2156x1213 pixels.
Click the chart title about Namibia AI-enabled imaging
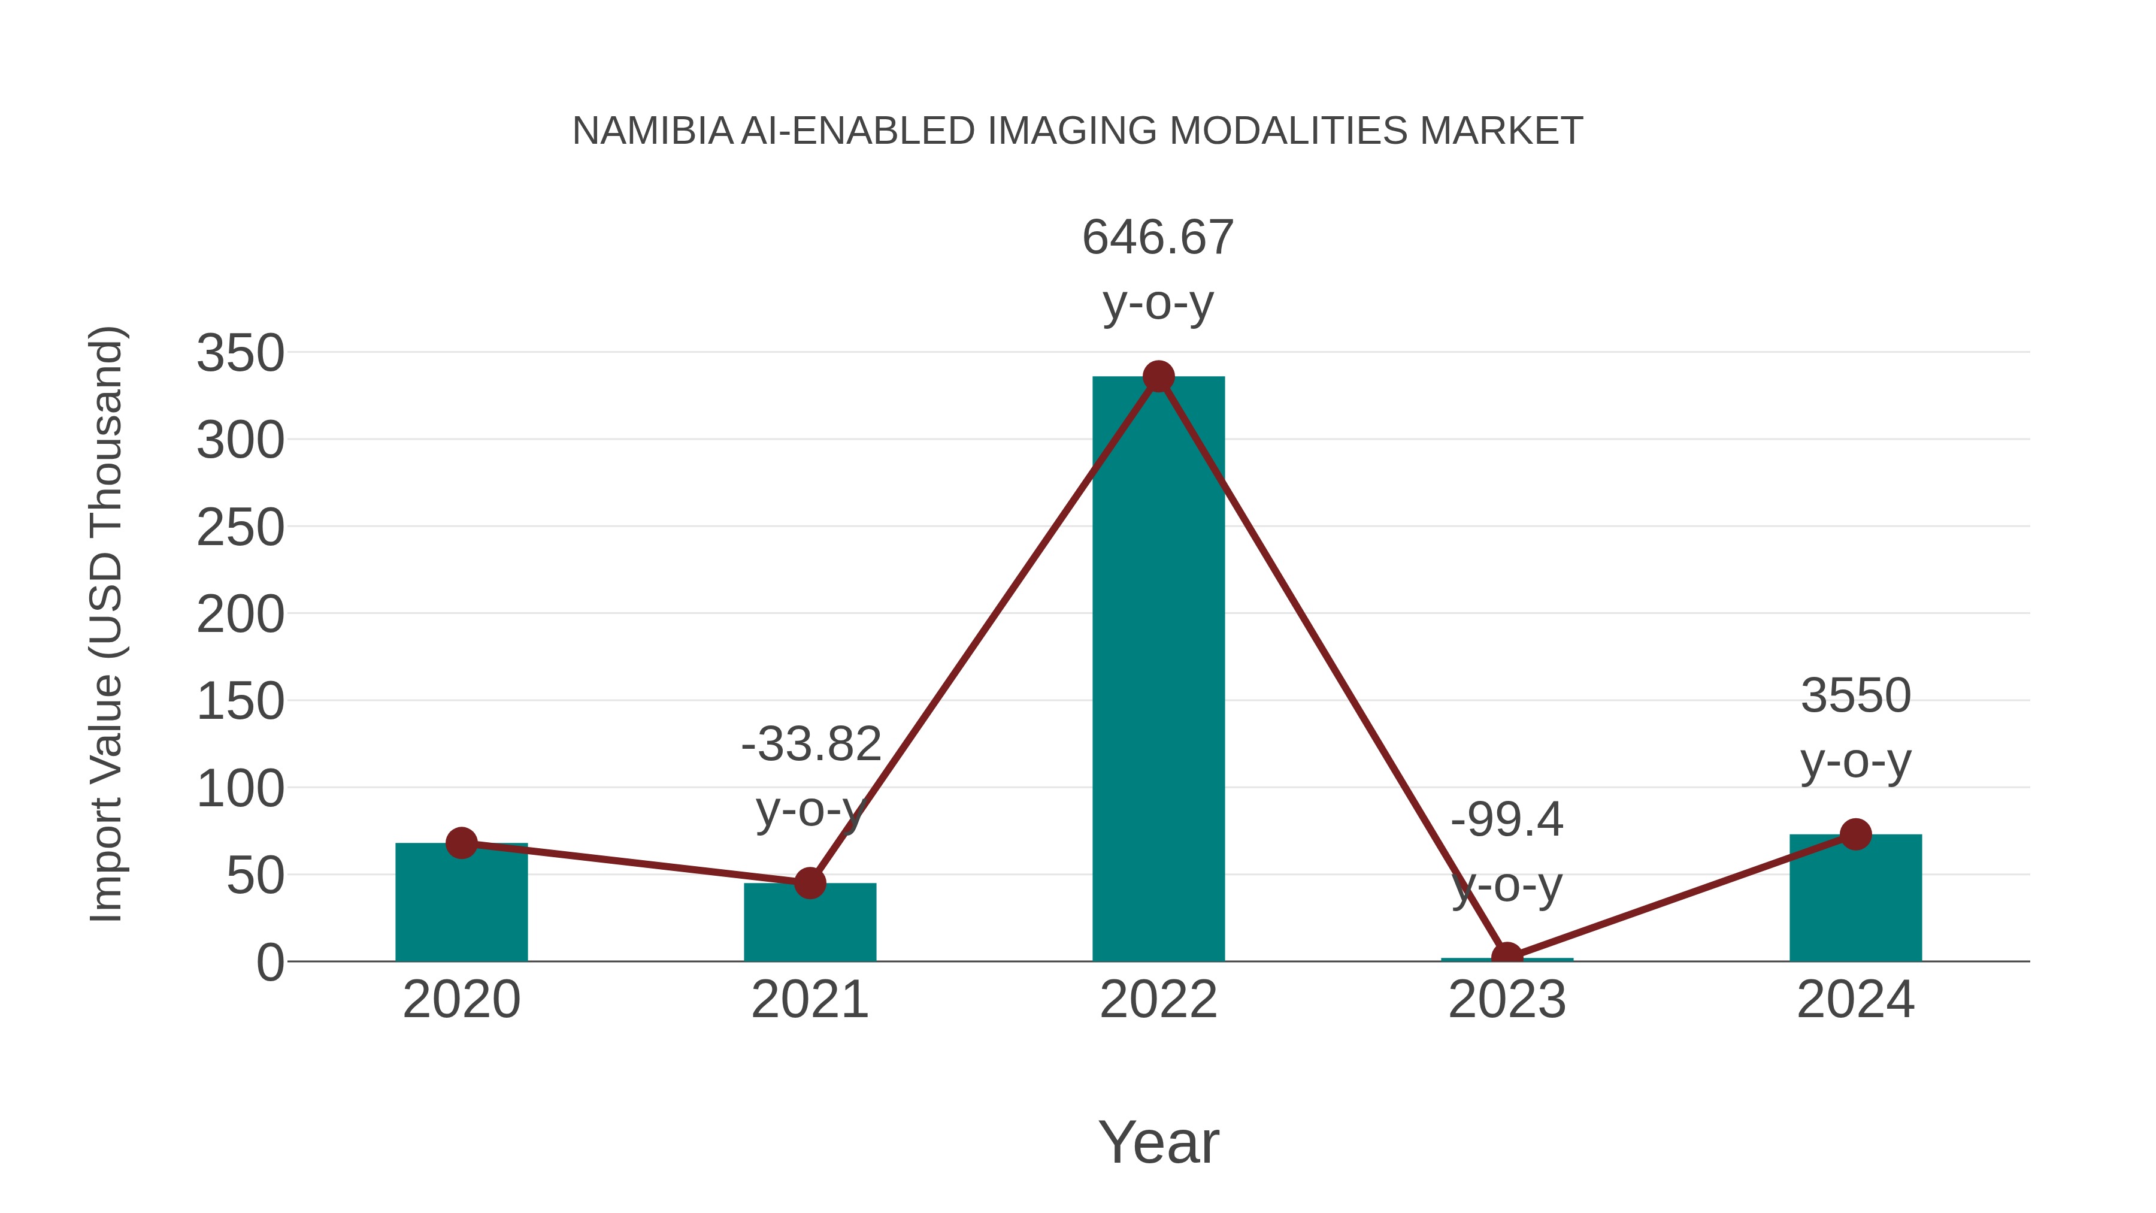[x=1077, y=131]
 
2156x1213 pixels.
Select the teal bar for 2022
[x=1158, y=670]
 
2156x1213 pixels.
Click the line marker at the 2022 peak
[x=1158, y=377]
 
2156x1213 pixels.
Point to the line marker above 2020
[x=461, y=843]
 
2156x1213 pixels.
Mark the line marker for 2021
[x=809, y=882]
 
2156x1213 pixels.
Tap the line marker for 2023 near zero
[x=1507, y=956]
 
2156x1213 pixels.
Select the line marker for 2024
[x=1855, y=834]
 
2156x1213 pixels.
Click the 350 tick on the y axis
[x=240, y=353]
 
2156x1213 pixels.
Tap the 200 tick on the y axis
[x=240, y=615]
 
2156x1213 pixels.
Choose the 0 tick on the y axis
[x=269, y=963]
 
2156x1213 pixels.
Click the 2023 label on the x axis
[x=1507, y=1000]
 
